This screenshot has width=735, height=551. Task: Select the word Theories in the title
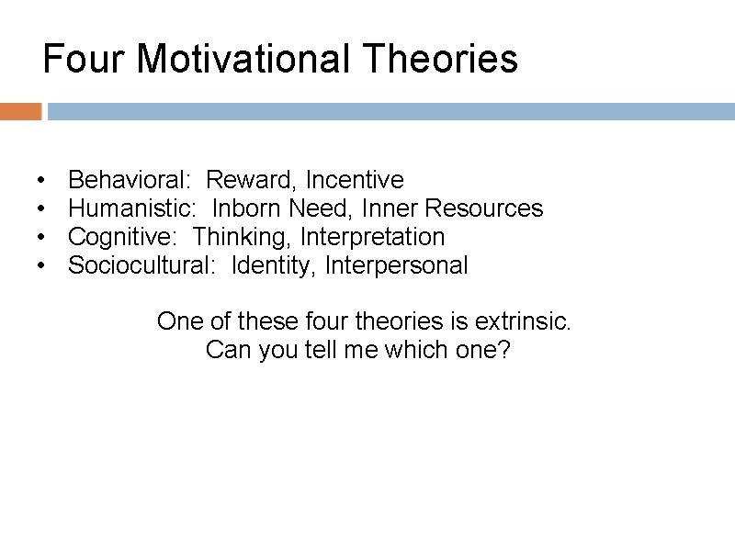point(441,60)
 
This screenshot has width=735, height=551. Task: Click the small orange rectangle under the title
point(20,112)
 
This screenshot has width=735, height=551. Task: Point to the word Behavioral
point(130,179)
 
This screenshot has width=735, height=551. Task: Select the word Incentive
point(355,179)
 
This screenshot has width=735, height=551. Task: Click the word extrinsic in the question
point(523,321)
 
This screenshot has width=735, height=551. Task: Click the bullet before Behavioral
point(42,180)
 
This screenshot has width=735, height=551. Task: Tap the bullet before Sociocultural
point(42,267)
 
